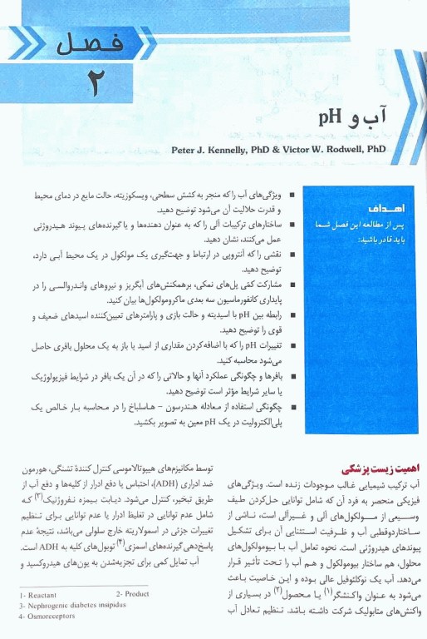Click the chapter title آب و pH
347,127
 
